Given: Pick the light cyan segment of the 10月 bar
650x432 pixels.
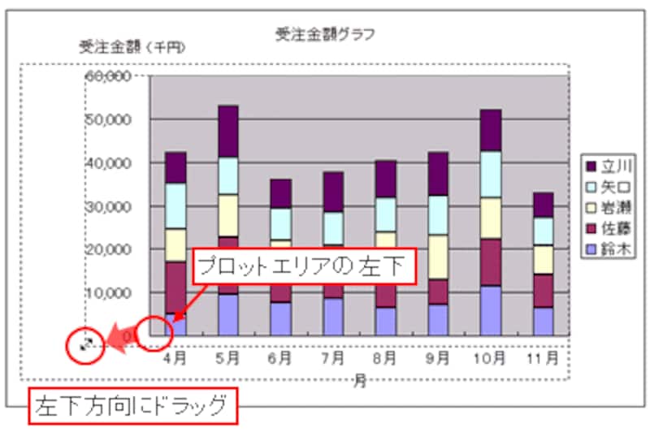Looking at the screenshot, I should [491, 174].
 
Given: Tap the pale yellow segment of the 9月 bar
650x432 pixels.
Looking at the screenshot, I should [438, 257].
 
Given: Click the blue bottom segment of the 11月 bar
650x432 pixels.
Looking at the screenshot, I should [543, 321].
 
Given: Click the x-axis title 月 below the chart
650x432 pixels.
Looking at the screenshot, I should [359, 382].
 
